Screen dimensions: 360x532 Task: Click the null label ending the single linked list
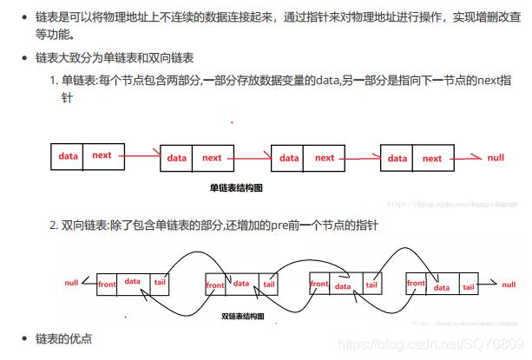click(x=496, y=158)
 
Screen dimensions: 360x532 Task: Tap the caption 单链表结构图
click(x=236, y=187)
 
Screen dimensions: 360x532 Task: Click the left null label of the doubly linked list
click(x=71, y=284)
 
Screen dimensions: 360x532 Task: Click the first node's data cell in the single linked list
click(x=68, y=155)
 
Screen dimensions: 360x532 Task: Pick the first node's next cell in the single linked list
click(x=102, y=155)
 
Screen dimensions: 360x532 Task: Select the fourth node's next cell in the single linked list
click(x=432, y=159)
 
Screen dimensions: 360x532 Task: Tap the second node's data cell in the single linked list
click(x=177, y=158)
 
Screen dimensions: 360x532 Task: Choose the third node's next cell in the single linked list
click(x=325, y=158)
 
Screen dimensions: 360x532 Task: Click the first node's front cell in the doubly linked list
click(x=107, y=285)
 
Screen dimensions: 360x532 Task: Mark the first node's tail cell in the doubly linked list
click(x=160, y=284)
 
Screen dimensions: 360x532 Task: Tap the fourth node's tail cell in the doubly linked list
click(x=468, y=285)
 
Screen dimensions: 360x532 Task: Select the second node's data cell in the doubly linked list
click(x=241, y=284)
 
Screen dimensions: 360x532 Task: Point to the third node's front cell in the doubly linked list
click(x=319, y=285)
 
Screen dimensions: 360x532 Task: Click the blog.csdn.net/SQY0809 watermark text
click(x=433, y=344)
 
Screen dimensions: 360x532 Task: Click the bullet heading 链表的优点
click(x=63, y=337)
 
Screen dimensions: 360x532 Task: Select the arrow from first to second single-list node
click(x=139, y=156)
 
